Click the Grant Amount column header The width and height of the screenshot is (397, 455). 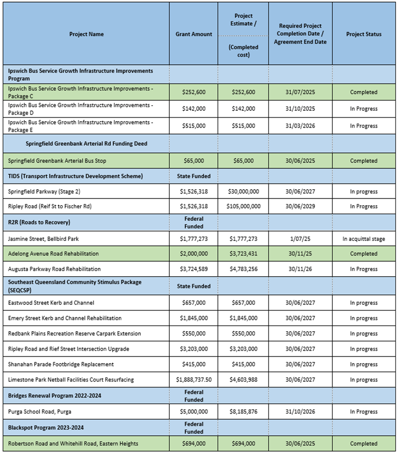click(x=194, y=34)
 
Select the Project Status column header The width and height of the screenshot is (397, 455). click(x=363, y=34)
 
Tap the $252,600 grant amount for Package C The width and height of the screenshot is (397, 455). click(x=194, y=92)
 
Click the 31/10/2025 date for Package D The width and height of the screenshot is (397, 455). click(x=300, y=109)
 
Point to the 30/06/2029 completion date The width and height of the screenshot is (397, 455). click(x=300, y=206)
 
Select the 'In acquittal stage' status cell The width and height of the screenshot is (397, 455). click(x=363, y=238)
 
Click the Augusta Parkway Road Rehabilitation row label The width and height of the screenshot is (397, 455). click(x=54, y=269)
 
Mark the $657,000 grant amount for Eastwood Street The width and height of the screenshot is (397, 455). click(x=194, y=303)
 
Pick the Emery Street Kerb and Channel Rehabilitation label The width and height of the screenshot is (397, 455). click(x=65, y=318)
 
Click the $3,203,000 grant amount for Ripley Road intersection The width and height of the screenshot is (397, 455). click(x=194, y=349)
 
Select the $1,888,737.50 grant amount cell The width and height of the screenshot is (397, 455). click(x=194, y=380)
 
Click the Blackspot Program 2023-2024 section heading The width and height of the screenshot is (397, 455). click(x=46, y=428)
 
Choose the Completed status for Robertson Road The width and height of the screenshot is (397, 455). click(x=363, y=444)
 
